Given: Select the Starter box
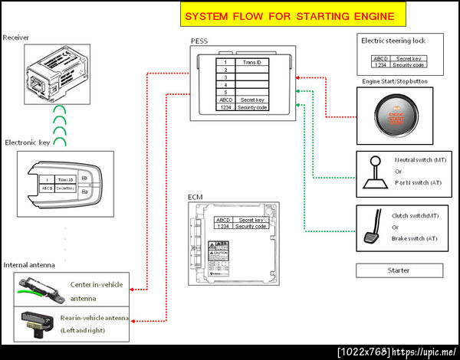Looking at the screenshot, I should [398, 270].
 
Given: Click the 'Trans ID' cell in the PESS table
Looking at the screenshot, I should [252, 62].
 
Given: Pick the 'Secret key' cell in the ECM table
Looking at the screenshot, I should [250, 220].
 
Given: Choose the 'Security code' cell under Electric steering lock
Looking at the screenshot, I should [408, 65].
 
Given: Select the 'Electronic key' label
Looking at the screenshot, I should [28, 142].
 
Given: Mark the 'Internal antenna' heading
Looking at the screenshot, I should [29, 264].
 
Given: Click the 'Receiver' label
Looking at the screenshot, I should [16, 38].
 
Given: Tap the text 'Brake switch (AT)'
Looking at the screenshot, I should [416, 239].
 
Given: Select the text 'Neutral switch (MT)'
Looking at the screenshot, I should [416, 161].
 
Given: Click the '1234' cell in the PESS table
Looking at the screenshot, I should [225, 108].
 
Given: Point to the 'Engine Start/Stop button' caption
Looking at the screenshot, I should [395, 81].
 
